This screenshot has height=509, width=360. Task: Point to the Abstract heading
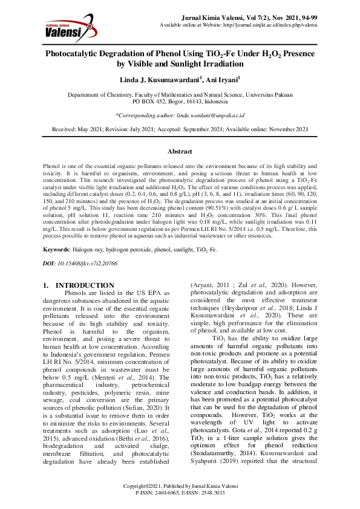180,151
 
